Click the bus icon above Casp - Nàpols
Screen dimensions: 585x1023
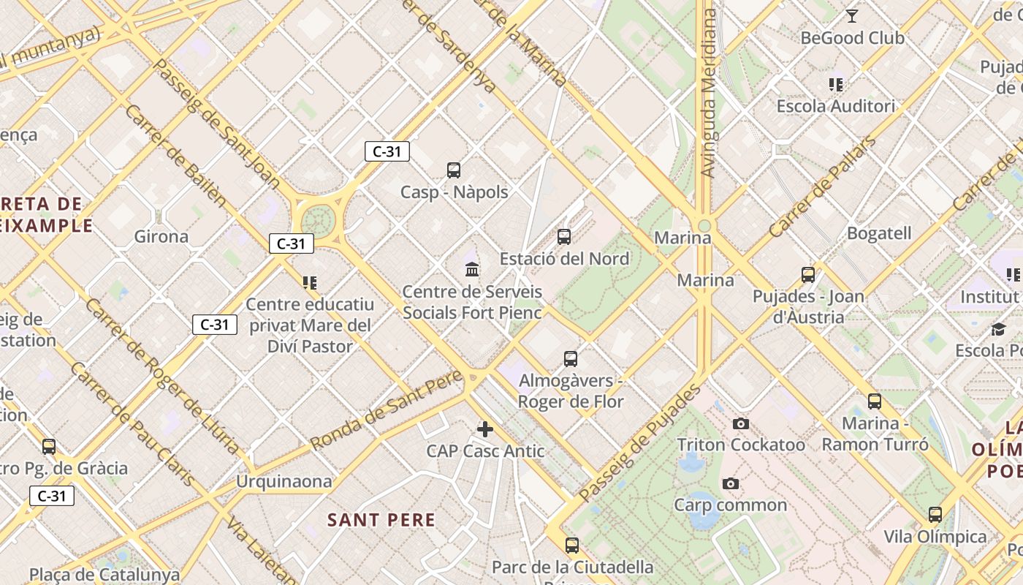point(454,170)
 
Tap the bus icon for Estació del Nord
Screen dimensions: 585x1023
point(564,237)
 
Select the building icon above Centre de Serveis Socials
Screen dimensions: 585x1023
point(472,270)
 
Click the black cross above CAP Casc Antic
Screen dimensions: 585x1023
point(485,429)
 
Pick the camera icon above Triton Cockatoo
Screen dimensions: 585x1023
point(741,424)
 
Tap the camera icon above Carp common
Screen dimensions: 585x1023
point(730,484)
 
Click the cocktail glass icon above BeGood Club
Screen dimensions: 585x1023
point(852,16)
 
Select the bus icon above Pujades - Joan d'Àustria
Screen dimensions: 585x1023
point(808,275)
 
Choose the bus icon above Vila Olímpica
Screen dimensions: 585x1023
point(935,515)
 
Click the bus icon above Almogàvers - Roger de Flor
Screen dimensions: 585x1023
point(571,359)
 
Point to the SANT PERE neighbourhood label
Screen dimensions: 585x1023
point(381,520)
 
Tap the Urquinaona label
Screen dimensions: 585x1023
point(284,481)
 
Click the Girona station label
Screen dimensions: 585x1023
point(161,236)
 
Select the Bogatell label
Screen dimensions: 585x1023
point(879,233)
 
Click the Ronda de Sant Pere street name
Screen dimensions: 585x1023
point(387,410)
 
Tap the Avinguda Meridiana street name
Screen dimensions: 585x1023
point(708,93)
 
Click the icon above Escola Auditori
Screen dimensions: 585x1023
point(836,85)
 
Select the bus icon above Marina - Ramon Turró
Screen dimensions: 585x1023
point(875,401)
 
